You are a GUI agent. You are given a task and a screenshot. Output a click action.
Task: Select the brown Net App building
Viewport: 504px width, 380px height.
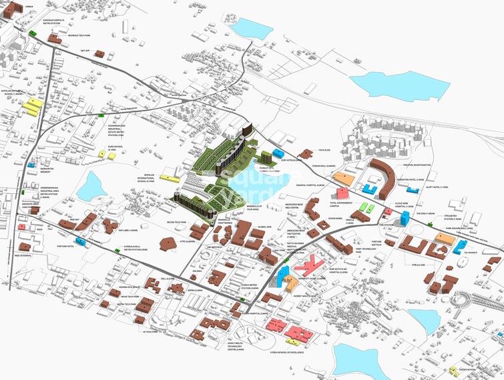pyautogui.click(x=99, y=53)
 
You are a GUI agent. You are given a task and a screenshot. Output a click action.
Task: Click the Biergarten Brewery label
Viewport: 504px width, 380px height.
pyautogui.click(x=32, y=171)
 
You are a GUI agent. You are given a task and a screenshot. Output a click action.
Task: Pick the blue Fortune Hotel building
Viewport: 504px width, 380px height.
pyautogui.click(x=81, y=241)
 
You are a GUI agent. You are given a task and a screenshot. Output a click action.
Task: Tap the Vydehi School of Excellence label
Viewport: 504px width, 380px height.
pyautogui.click(x=287, y=353)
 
